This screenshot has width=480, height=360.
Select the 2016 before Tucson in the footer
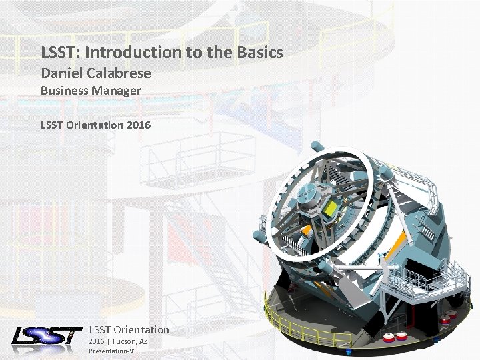97,341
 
